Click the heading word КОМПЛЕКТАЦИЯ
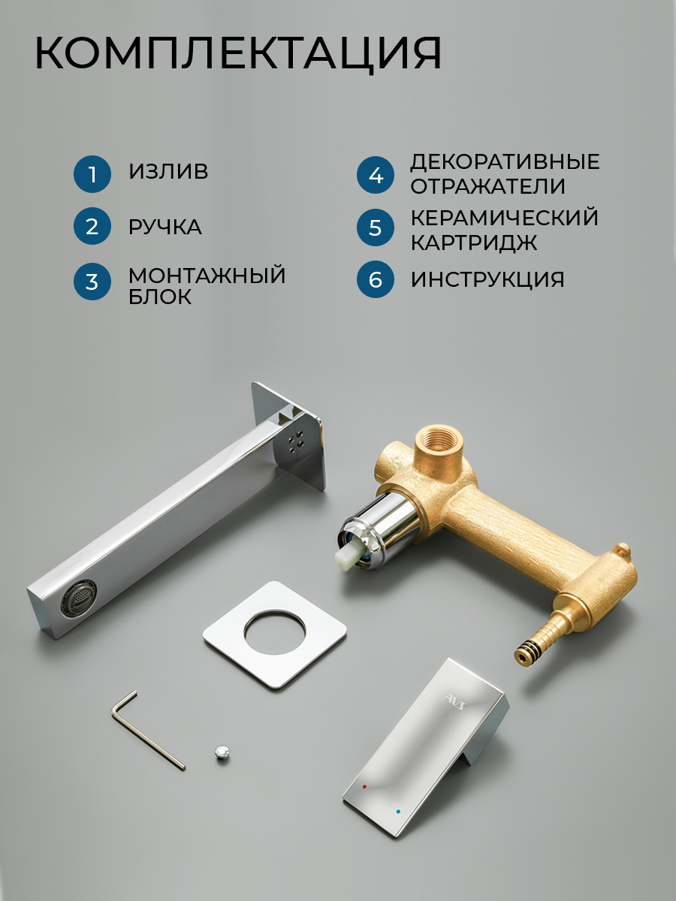click(x=238, y=53)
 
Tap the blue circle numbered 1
click(x=92, y=174)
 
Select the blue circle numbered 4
click(x=375, y=175)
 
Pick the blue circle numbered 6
click(x=375, y=279)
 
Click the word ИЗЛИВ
click(x=168, y=171)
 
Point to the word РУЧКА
click(x=165, y=227)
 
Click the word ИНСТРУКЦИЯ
click(x=487, y=279)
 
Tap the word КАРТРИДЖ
click(x=474, y=243)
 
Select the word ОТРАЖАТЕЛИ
click(x=488, y=186)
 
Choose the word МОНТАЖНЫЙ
click(x=207, y=275)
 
